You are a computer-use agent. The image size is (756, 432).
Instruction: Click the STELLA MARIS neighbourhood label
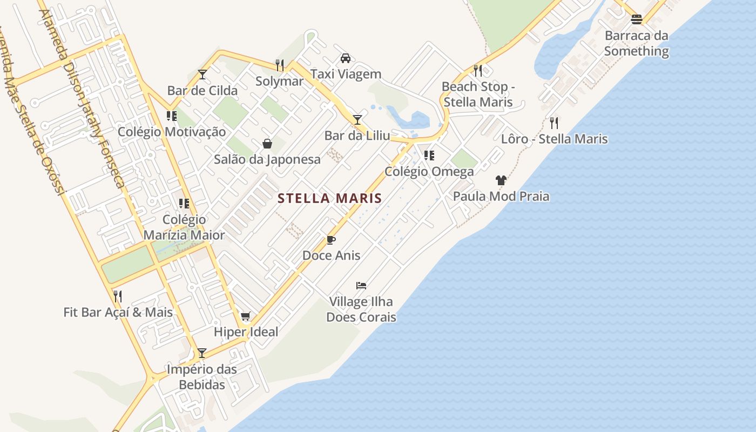pos(329,198)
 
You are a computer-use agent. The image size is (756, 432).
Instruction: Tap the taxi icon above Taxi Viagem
pos(346,58)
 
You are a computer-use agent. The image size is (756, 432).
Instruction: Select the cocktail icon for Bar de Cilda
pos(202,75)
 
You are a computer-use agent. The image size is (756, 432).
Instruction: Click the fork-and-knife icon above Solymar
pos(280,65)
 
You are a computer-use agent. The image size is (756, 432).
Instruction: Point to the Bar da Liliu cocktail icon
pos(357,119)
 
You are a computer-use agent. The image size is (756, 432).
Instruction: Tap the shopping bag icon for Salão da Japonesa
pos(267,144)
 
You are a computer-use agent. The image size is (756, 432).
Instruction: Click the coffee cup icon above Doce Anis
pos(331,240)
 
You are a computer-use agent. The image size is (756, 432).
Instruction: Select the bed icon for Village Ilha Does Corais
pos(361,285)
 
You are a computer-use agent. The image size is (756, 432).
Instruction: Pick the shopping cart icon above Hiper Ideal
pos(246,316)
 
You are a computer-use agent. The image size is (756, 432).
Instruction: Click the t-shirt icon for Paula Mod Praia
pos(501,180)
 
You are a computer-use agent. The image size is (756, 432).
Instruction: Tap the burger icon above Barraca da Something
pos(637,20)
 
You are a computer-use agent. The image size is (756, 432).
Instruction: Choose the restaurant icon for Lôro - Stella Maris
pos(554,123)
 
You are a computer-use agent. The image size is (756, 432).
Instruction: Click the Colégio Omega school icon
pos(429,156)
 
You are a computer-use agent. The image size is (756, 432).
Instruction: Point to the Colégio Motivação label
pos(172,132)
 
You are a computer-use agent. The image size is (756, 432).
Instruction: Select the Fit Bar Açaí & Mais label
pos(118,312)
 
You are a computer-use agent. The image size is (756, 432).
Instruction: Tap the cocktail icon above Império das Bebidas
pos(202,353)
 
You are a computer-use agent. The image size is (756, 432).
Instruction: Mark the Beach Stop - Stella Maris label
pos(478,94)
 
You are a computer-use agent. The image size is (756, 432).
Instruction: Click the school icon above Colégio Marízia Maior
pos(184,204)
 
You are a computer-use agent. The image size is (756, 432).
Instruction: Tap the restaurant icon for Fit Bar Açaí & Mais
pos(118,296)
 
